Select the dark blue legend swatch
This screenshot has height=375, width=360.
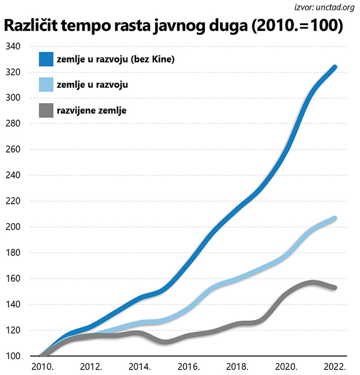[x=47, y=59]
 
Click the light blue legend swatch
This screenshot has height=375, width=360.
[x=47, y=84]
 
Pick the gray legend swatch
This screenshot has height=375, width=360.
[x=47, y=109]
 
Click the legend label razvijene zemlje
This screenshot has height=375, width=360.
[x=91, y=109]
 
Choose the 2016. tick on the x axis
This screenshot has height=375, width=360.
[x=189, y=366]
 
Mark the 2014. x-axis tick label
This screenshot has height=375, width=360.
[x=139, y=366]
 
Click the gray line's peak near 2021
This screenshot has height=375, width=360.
[x=312, y=283]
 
